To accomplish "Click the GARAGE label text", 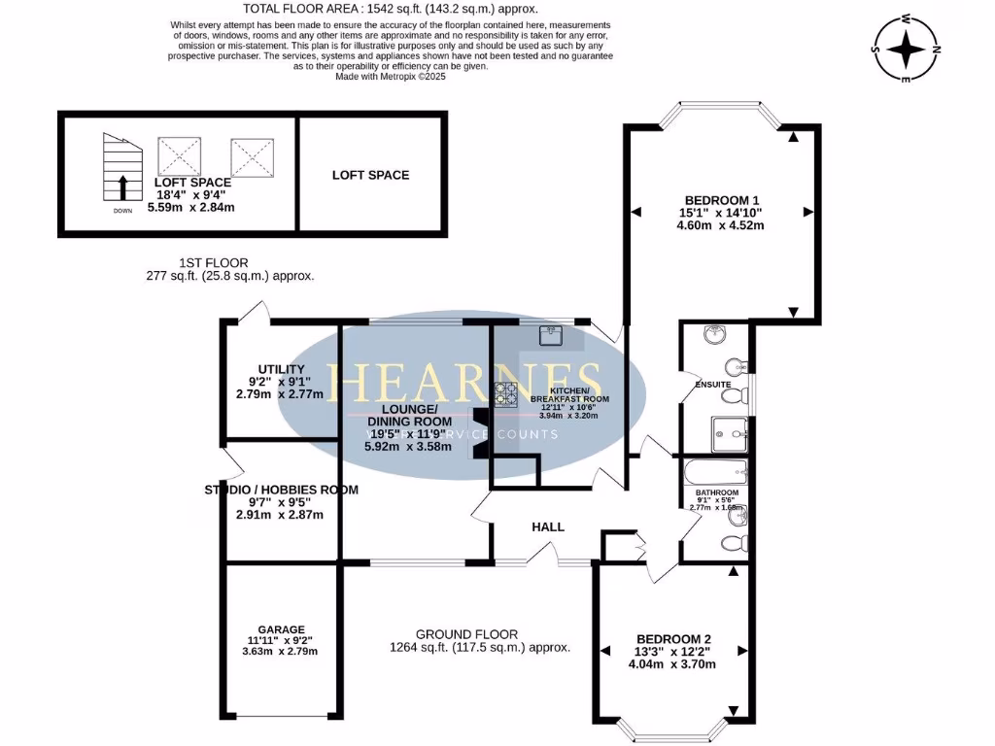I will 281,629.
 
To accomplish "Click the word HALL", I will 548,526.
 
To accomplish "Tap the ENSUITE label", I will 712,385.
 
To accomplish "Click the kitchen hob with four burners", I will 506,393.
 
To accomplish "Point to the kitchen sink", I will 551,335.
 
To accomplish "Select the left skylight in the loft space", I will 178,156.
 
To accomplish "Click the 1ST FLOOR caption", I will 214,262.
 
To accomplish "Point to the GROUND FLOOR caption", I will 466,633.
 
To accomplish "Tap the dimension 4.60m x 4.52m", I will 722,225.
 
